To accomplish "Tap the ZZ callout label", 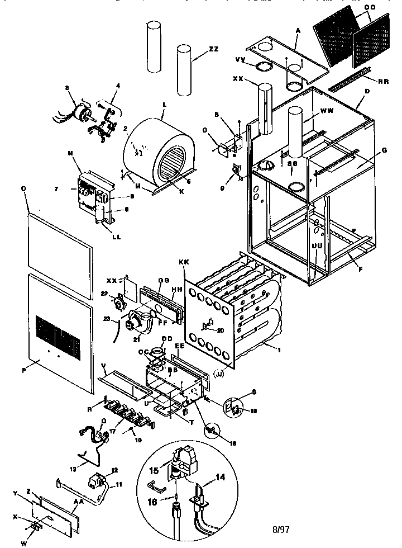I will click(213, 49).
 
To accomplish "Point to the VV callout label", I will click(241, 59).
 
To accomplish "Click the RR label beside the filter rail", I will click(384, 81).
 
